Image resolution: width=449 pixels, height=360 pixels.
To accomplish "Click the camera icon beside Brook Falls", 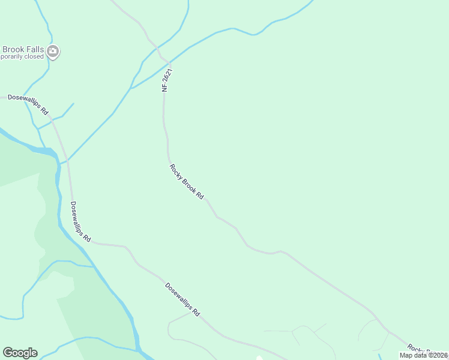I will pyautogui.click(x=53, y=52).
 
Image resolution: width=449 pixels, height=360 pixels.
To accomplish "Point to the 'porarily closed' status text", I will pyautogui.click(x=22, y=57).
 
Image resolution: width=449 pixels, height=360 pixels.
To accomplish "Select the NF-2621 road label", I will pyautogui.click(x=167, y=80).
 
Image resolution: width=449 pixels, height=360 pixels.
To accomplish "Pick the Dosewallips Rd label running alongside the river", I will pyautogui.click(x=80, y=221).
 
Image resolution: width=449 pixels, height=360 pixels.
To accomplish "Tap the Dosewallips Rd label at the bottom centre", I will pyautogui.click(x=182, y=299).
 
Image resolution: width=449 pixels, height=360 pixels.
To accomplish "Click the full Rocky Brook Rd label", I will pyautogui.click(x=187, y=182).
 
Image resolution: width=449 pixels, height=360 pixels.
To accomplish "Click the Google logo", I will pyautogui.click(x=20, y=353).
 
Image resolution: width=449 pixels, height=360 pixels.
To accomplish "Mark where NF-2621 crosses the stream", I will pyautogui.click(x=169, y=63).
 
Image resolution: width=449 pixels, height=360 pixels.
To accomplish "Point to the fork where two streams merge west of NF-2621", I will pyautogui.click(x=131, y=88).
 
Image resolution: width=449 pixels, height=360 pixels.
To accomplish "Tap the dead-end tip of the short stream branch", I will pyautogui.click(x=74, y=103).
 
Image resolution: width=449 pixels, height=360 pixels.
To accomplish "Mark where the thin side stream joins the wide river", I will pyautogui.click(x=93, y=266).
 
